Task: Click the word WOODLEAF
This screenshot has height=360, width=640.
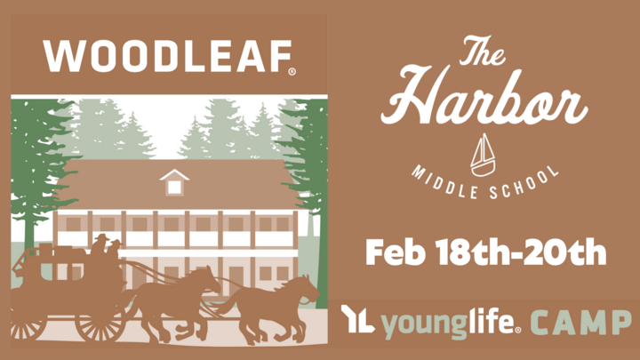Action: (x=166, y=56)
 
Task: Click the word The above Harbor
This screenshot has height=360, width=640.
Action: (x=483, y=50)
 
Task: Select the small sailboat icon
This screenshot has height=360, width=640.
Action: (x=483, y=155)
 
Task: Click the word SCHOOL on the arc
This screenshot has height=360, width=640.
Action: (x=525, y=184)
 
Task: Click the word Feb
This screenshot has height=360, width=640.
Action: (x=395, y=252)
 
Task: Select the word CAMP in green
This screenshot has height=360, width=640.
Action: (x=581, y=323)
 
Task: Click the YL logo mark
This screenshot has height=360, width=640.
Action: (x=357, y=319)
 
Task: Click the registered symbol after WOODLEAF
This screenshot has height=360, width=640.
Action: (x=292, y=72)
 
